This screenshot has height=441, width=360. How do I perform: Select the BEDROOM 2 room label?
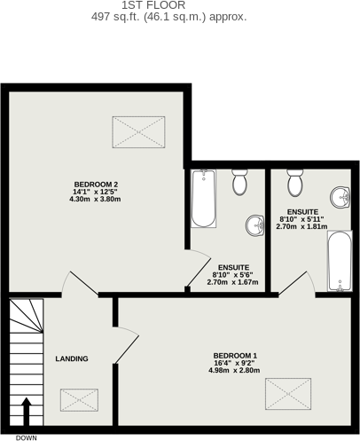(x=96, y=184)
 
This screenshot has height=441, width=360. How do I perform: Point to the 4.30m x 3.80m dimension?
(x=96, y=199)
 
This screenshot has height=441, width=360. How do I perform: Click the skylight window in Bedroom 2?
(x=138, y=133)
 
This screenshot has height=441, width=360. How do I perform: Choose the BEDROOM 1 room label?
(x=235, y=356)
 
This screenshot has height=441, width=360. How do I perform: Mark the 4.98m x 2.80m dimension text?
(x=235, y=370)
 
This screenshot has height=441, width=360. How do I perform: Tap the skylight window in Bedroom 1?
(x=288, y=392)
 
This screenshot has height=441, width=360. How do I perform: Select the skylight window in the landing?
(x=80, y=399)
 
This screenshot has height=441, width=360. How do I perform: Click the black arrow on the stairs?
(x=26, y=413)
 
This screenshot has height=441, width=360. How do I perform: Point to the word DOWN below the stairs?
(x=26, y=437)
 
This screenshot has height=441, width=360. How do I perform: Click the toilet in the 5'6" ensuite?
(x=239, y=183)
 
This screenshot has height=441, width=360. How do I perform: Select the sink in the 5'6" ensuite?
(x=254, y=225)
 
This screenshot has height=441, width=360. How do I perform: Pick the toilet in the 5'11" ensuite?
(x=295, y=184)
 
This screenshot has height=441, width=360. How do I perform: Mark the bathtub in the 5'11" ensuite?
(x=340, y=261)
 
